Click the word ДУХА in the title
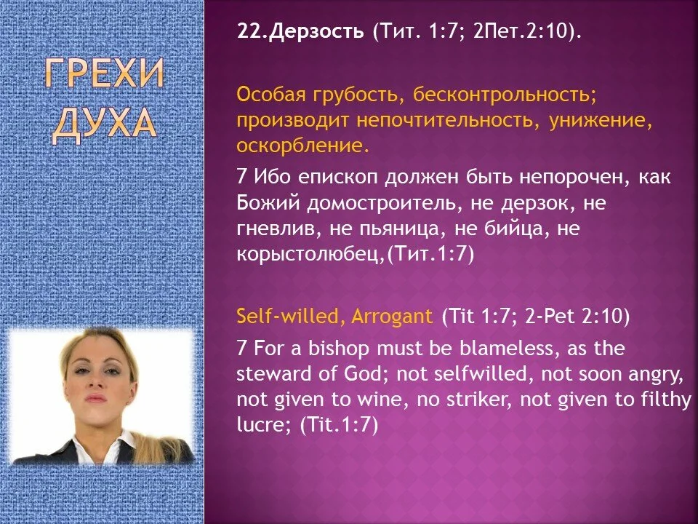103,124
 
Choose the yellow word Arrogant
391,316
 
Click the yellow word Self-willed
292,316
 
